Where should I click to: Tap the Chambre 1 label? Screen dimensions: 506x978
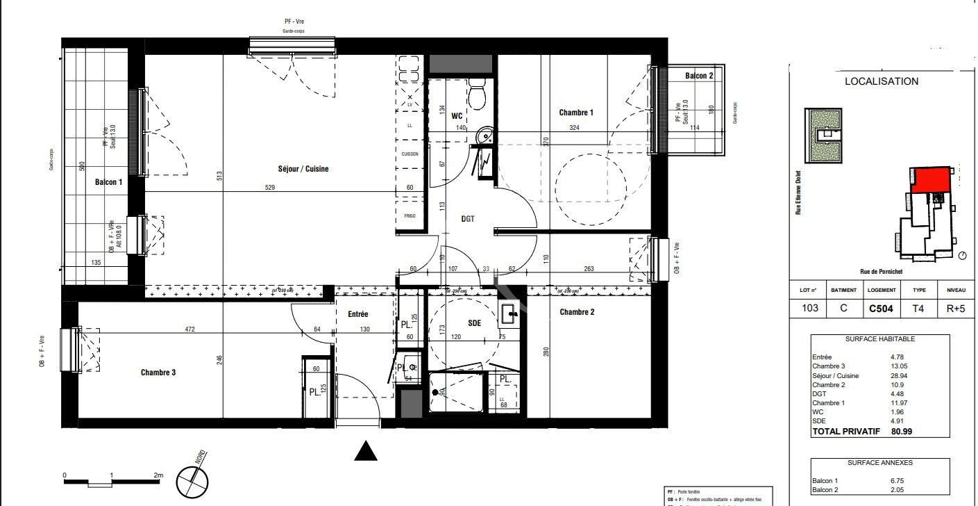coord(576,113)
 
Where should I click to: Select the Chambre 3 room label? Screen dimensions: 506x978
coord(158,373)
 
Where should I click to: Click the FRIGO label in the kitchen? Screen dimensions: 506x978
coord(410,216)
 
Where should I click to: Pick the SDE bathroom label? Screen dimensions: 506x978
coord(475,324)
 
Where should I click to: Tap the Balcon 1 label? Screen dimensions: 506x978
coord(109,182)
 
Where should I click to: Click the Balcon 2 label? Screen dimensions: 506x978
coord(699,76)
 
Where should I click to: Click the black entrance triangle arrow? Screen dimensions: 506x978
coord(366,451)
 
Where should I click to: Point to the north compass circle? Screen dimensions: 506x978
coord(194,481)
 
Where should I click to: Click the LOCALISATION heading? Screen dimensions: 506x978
coord(881,81)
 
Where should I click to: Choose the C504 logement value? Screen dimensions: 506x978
coord(881,308)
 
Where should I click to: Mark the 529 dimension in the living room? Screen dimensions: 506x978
coord(271,187)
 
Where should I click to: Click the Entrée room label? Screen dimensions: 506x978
coord(358,314)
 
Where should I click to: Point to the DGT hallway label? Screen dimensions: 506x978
coord(468,218)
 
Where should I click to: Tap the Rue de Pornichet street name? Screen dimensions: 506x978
coord(879,272)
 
